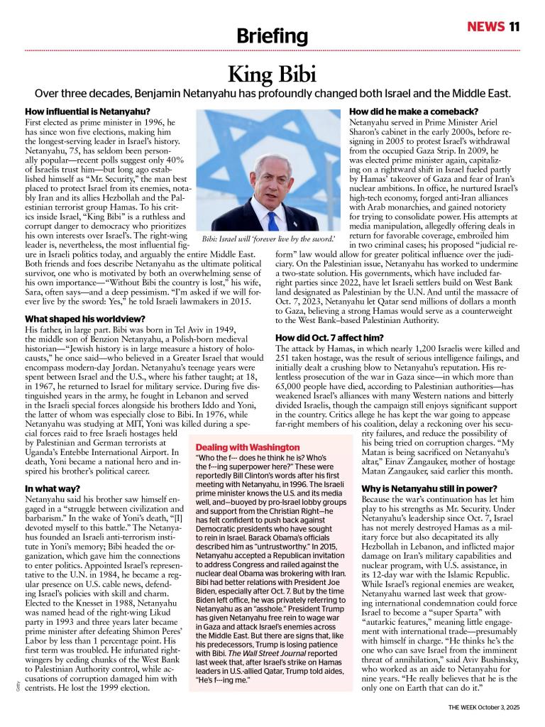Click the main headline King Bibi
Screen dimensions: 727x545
pos(272,74)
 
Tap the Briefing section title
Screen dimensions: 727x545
pos(272,36)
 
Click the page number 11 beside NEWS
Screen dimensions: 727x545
pos(514,27)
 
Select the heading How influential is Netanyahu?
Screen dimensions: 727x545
pos(87,111)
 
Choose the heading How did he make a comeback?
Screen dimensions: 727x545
pos(414,111)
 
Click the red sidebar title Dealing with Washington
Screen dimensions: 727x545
pos(248,447)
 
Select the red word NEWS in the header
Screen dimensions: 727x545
pos(485,27)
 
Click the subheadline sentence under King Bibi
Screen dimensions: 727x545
pos(272,94)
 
